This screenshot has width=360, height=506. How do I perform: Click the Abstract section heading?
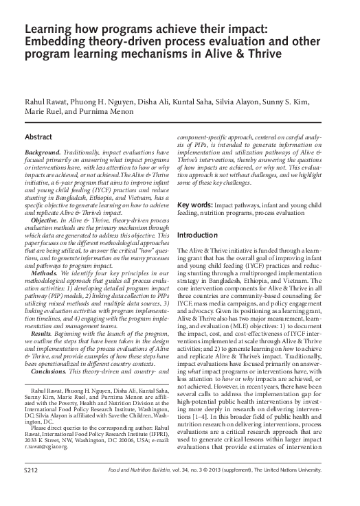coord(38,137)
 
